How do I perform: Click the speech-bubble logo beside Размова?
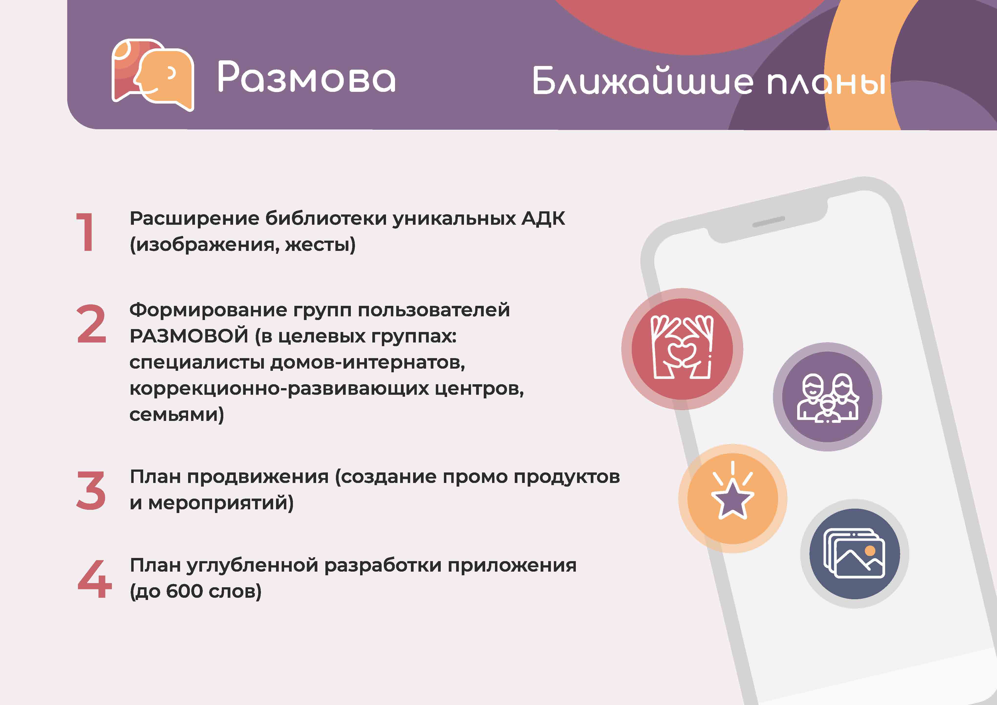coord(152,75)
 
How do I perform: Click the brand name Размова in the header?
coord(306,77)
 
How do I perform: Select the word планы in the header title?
coord(826,83)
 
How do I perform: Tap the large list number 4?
coord(94,579)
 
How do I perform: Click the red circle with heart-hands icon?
coord(682,349)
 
